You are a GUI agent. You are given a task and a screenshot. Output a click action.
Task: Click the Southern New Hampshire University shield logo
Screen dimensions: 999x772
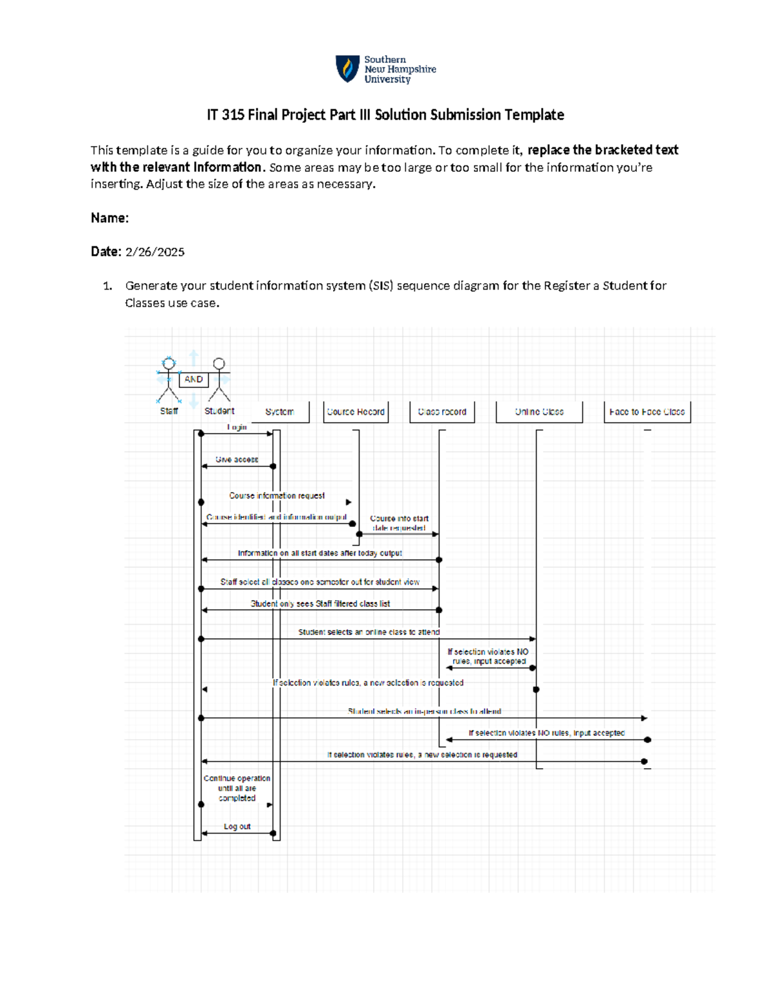pyautogui.click(x=347, y=69)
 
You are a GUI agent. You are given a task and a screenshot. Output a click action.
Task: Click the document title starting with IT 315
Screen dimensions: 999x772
pyautogui.click(x=385, y=115)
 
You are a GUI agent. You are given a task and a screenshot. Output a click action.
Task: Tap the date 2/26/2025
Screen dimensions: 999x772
pyautogui.click(x=154, y=252)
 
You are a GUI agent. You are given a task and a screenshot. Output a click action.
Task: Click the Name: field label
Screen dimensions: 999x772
pyautogui.click(x=109, y=218)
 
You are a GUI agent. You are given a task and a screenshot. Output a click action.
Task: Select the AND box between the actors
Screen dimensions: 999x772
pyautogui.click(x=193, y=380)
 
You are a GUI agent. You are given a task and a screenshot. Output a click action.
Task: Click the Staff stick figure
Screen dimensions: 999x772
pyautogui.click(x=169, y=380)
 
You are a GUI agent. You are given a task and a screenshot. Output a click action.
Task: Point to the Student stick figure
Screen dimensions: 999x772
pyautogui.click(x=219, y=380)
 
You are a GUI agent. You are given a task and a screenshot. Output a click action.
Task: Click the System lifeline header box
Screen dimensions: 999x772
pyautogui.click(x=279, y=412)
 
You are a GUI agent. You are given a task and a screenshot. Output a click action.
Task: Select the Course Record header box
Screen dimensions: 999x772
pyautogui.click(x=355, y=412)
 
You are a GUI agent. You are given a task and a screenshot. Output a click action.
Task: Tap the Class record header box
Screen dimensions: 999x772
pyautogui.click(x=442, y=412)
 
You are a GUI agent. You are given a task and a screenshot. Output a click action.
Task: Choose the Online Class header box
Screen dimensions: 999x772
pyautogui.click(x=539, y=412)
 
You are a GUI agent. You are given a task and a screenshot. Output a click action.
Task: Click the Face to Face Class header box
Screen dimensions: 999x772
pyautogui.click(x=647, y=412)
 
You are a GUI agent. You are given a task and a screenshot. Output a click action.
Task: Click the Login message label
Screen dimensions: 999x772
pyautogui.click(x=237, y=427)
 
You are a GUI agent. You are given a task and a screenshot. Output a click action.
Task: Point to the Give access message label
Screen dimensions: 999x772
pyautogui.click(x=237, y=459)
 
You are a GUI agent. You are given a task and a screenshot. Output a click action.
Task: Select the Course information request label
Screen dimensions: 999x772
pyautogui.click(x=277, y=496)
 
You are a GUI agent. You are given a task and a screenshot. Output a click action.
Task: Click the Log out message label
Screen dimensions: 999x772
pyautogui.click(x=237, y=827)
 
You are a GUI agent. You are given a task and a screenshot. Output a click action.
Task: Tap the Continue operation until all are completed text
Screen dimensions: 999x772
pyautogui.click(x=237, y=788)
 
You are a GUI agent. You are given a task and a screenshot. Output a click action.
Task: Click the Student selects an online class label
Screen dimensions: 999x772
pyautogui.click(x=369, y=632)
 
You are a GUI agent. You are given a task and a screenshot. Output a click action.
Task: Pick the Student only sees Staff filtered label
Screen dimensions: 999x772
pyautogui.click(x=320, y=604)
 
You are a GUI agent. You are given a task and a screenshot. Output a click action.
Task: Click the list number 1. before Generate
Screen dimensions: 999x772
pyautogui.click(x=107, y=286)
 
